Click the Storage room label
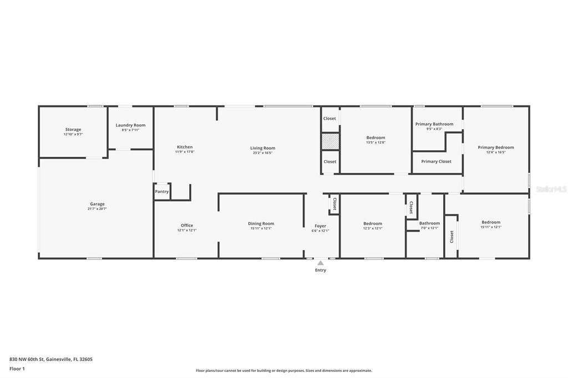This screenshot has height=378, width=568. click(x=73, y=130)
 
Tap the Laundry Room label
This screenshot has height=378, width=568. click(x=130, y=125)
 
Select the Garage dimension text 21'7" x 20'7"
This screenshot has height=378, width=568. click(x=97, y=209)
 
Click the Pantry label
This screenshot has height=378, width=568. click(x=162, y=192)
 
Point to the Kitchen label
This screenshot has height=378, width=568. click(x=185, y=147)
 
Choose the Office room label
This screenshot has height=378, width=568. click(x=187, y=225)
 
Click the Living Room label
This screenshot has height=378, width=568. click(x=262, y=148)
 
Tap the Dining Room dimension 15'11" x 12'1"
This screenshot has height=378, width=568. click(x=261, y=229)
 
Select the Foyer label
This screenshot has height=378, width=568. click(x=320, y=226)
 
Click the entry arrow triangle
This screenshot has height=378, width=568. click(x=321, y=263)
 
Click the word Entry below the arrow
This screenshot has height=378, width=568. click(x=321, y=270)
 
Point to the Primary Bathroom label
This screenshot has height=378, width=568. click(x=434, y=124)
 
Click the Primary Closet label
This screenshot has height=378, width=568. click(x=436, y=161)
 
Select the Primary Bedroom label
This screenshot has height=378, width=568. click(x=496, y=147)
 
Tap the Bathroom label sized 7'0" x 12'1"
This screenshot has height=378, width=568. click(x=429, y=223)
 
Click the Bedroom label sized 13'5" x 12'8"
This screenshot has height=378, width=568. click(x=376, y=137)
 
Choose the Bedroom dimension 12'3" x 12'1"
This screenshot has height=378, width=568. click(x=373, y=228)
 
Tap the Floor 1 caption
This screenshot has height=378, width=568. click(x=17, y=369)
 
